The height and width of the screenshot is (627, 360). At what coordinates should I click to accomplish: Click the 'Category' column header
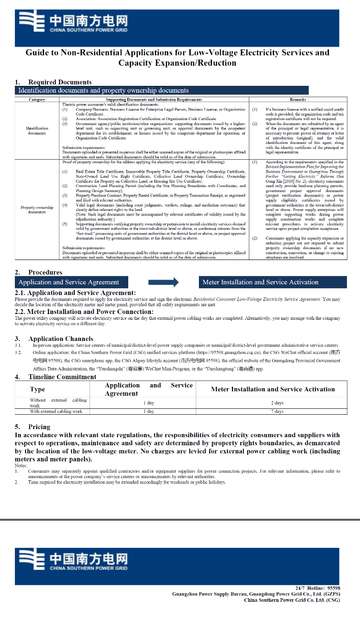[x=37, y=99]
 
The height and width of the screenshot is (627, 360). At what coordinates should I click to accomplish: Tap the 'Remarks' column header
[x=298, y=99]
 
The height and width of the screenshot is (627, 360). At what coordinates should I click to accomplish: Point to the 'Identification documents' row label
[x=37, y=130]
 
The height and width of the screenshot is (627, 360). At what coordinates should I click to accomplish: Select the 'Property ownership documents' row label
[x=37, y=210]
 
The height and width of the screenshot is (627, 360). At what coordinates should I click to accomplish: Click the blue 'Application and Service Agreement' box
[x=72, y=282]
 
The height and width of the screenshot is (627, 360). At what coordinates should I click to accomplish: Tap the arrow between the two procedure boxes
[x=163, y=282]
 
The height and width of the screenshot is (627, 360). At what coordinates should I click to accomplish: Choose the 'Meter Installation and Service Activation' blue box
[x=273, y=282]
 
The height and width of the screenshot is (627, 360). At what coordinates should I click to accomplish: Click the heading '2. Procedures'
[x=39, y=273]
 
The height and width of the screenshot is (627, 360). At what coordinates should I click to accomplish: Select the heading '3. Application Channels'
[x=54, y=339]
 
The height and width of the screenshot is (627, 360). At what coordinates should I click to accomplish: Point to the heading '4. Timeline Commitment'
[x=56, y=377]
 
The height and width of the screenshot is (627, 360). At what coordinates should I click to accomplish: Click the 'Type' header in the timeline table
[x=37, y=389]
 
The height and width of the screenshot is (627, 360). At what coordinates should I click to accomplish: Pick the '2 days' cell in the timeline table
[x=277, y=403]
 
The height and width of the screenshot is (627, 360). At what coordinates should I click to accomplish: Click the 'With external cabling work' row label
[x=56, y=411]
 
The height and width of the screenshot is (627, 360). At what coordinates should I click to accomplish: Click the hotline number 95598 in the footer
[x=333, y=588]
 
